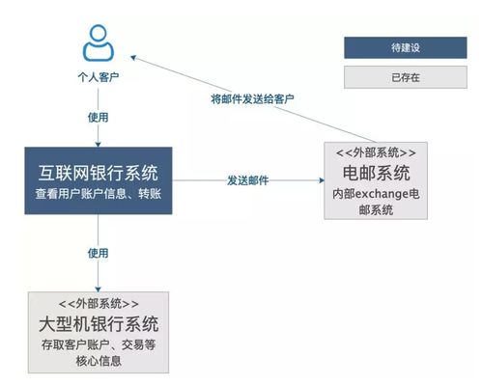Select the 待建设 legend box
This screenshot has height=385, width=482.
coord(391,46)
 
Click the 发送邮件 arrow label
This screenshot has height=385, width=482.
coord(248,179)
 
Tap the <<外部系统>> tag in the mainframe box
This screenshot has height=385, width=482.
coord(98,303)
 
